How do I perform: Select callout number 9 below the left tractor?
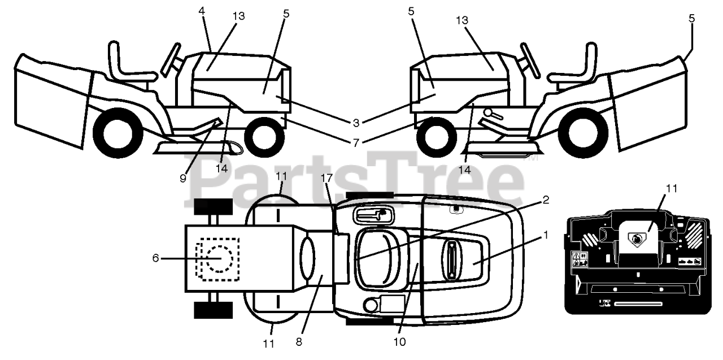tap(183, 177)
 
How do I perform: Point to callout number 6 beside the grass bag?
tap(155, 258)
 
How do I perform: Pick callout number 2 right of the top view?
tap(545, 199)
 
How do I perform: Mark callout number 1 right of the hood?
tap(545, 236)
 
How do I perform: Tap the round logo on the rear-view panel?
tap(636, 240)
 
